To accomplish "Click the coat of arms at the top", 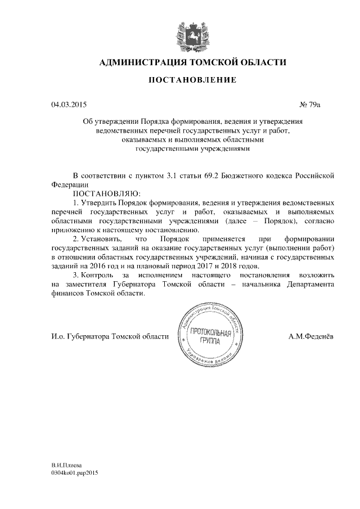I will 192,33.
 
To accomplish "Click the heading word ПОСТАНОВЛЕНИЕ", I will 192,80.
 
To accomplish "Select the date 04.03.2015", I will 69,105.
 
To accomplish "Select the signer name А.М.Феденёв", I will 310,336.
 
